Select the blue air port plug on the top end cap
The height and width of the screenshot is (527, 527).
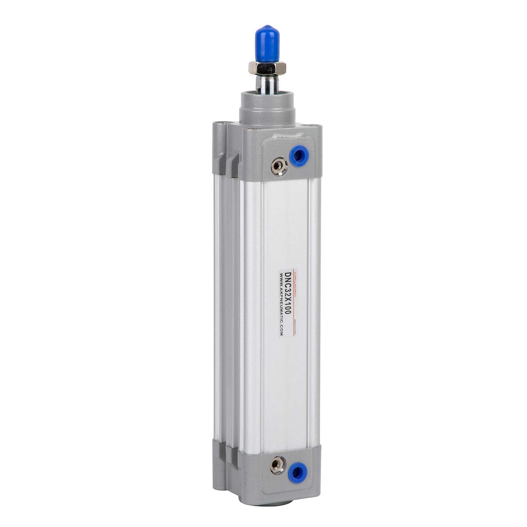298,155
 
